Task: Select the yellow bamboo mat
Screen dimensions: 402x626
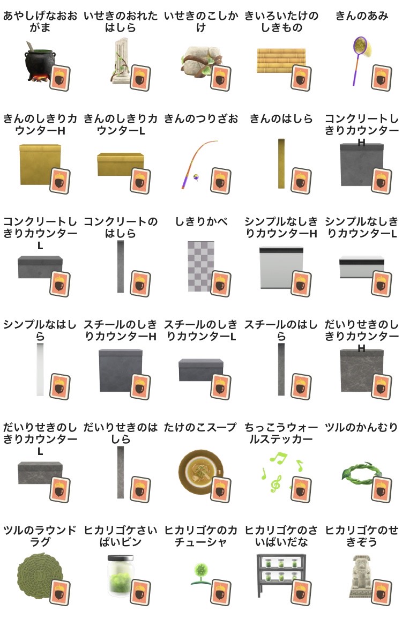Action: pos(281,61)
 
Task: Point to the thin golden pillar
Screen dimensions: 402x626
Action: pos(281,163)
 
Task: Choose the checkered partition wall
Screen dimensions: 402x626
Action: pos(201,266)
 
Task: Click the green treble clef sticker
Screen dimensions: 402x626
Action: pos(276,484)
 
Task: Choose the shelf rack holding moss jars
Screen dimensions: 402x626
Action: pos(281,575)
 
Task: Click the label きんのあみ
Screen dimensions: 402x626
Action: pos(362,16)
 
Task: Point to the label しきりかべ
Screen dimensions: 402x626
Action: pos(201,221)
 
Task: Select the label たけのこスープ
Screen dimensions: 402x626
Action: pos(201,427)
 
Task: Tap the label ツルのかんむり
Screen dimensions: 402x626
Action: pos(362,427)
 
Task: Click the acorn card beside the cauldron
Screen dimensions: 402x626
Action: pos(60,78)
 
